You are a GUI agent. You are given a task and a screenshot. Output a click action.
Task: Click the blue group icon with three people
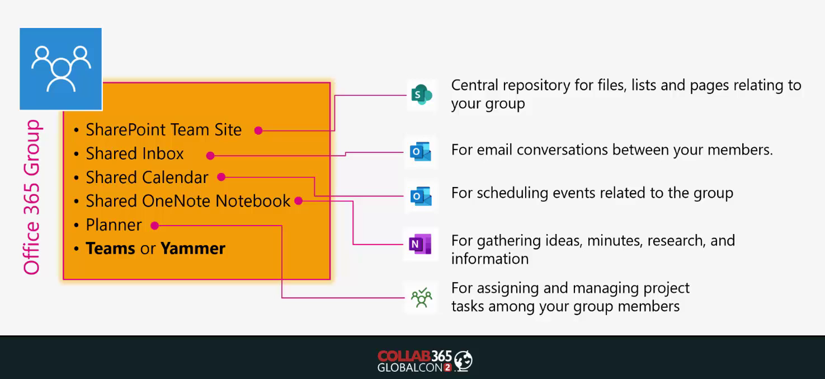pos(61,69)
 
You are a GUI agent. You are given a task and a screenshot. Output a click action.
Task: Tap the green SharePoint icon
pos(421,95)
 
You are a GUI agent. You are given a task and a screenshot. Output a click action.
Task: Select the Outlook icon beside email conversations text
pos(421,152)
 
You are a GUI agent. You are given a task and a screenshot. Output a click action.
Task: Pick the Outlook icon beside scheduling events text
pos(421,196)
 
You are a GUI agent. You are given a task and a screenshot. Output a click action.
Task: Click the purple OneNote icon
pos(420,244)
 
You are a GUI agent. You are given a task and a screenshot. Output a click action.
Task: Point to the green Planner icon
pos(421,297)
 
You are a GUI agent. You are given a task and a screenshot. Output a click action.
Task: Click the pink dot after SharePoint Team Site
pos(258,130)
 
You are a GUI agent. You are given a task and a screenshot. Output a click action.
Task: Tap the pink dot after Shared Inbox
pos(210,156)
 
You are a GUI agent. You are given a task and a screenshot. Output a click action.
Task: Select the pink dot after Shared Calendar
pos(221,177)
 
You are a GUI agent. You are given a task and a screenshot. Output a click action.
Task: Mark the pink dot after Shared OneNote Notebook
pos(299,201)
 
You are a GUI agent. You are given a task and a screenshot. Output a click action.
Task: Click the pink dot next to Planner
pos(155,226)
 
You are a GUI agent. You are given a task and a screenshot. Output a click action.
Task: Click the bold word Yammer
pos(193,248)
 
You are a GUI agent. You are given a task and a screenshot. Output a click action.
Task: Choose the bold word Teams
pos(111,248)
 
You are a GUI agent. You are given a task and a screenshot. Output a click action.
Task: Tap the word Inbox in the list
pos(163,153)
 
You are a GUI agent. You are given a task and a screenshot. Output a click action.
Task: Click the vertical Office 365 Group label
pos(32,197)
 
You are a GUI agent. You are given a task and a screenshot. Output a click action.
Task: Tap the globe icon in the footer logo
pos(463,360)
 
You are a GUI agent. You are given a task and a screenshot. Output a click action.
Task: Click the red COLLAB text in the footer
pos(404,356)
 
